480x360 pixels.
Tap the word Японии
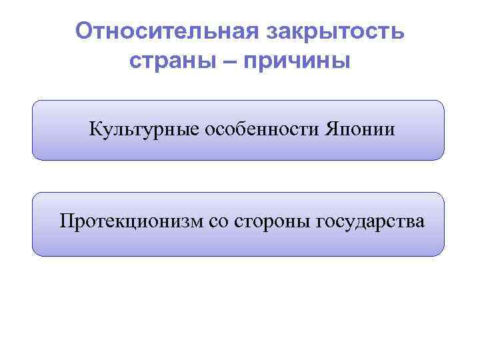pyautogui.click(x=360, y=129)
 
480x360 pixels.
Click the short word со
pyautogui.click(x=219, y=221)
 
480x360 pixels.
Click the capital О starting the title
pyautogui.click(x=83, y=31)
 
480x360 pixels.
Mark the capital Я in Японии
pyautogui.click(x=331, y=129)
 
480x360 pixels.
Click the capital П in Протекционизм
pyautogui.click(x=67, y=221)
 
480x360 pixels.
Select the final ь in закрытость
pyautogui.click(x=398, y=31)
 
